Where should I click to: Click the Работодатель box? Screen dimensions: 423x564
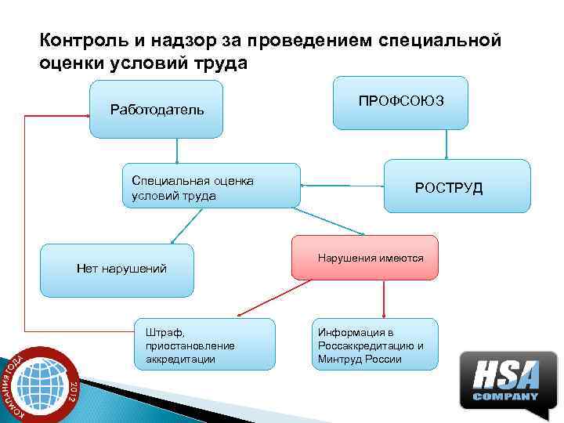point(157,109)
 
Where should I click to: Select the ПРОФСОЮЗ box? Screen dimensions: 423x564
point(400,103)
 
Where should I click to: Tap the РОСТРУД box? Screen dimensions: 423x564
point(457,186)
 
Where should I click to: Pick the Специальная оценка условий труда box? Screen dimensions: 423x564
point(211,186)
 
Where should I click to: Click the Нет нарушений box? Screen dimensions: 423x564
point(117,270)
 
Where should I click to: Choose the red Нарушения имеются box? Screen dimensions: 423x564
point(365,258)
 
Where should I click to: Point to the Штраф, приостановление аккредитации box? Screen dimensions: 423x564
point(204,344)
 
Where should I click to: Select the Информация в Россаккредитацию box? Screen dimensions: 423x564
point(374,344)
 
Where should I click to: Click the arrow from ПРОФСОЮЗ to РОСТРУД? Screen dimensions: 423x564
point(447,144)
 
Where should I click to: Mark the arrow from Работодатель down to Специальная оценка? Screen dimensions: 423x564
point(178,150)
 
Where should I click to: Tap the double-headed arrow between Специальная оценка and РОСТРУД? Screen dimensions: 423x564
point(342,186)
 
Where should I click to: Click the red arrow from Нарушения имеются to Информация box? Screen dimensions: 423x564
point(384,298)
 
